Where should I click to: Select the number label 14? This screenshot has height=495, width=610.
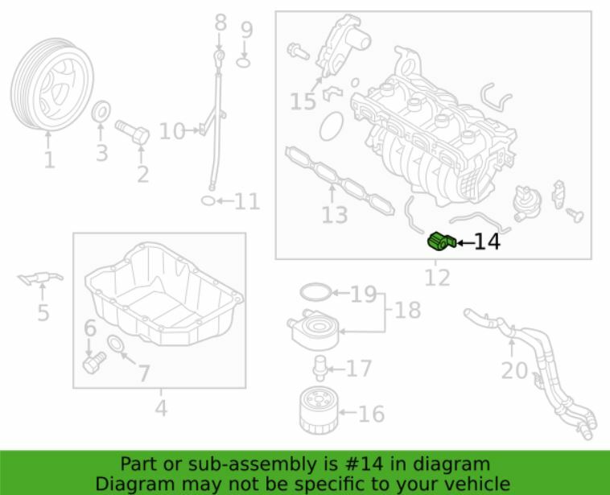[486, 241]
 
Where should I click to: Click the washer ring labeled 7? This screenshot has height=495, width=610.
[117, 346]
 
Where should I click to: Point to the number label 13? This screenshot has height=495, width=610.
[334, 215]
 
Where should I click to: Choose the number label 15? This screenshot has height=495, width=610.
[303, 102]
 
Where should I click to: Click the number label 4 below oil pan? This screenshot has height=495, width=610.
[161, 409]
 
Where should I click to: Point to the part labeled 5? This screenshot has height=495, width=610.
[39, 278]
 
